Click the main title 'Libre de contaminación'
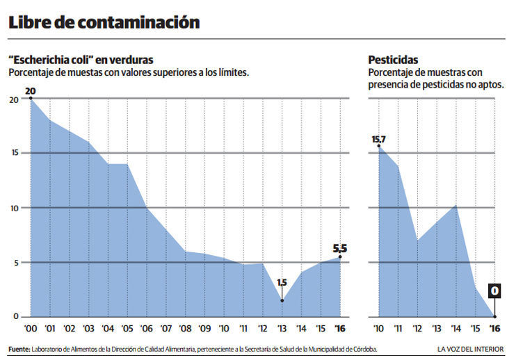click(104, 23)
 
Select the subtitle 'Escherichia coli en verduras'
click(81, 59)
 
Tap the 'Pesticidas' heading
click(394, 59)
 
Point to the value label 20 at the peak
click(30, 91)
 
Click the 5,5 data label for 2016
click(339, 247)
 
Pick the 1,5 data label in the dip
click(282, 283)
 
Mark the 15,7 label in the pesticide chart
click(378, 139)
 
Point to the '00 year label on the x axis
click(30, 327)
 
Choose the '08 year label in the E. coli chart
click(186, 327)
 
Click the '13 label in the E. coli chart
click(282, 327)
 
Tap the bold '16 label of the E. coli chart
click(340, 327)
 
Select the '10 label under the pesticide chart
click(378, 327)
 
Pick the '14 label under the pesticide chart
click(455, 327)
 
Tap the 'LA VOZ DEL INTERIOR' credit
click(471, 348)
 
